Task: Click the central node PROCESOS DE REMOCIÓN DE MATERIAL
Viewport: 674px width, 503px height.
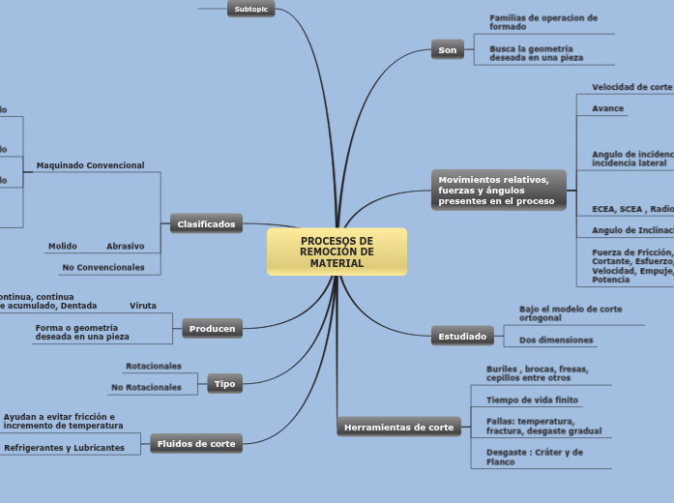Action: click(x=337, y=251)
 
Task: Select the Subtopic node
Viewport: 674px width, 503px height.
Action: click(x=252, y=9)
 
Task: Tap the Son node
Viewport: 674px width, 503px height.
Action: click(x=448, y=49)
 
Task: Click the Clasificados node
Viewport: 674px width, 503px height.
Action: click(x=206, y=223)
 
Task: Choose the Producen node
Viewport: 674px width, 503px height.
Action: click(x=212, y=328)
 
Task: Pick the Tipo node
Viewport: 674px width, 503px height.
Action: click(x=224, y=384)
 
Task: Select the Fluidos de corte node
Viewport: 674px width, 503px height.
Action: click(x=196, y=444)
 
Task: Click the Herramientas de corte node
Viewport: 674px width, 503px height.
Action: click(x=398, y=427)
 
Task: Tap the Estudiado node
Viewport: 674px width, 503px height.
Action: click(x=462, y=337)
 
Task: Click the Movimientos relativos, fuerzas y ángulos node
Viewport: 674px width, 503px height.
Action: click(x=497, y=190)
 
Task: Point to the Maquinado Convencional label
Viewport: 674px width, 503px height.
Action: click(x=90, y=165)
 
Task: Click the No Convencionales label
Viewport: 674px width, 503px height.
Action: click(x=103, y=267)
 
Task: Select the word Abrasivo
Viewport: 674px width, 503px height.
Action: click(x=125, y=246)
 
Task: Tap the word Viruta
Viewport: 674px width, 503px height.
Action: click(x=143, y=306)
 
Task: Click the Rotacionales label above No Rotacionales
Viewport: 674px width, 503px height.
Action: click(x=153, y=367)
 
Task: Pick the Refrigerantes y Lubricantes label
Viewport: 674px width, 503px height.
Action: click(x=64, y=448)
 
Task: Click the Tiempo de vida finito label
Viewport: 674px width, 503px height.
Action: click(x=532, y=399)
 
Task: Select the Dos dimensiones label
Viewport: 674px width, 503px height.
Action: click(x=556, y=340)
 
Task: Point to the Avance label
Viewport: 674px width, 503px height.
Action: click(x=607, y=108)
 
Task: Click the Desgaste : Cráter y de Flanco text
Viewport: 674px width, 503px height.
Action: click(x=535, y=457)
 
